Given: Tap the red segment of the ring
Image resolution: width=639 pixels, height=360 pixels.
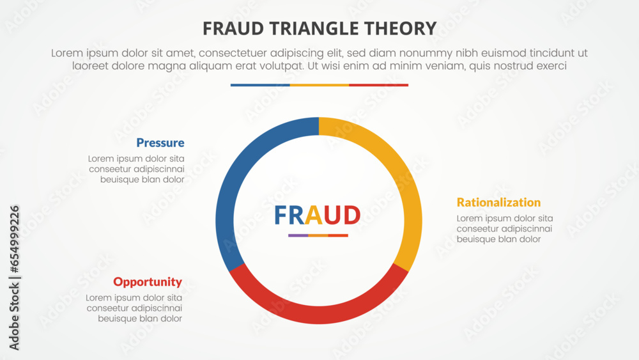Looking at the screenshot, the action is pos(319,315).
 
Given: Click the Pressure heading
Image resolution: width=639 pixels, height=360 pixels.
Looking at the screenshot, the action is pos(160,143).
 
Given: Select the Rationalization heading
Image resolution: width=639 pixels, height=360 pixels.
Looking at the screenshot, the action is pos(498,202).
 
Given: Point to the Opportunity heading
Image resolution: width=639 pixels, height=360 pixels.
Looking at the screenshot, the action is pos(148,282).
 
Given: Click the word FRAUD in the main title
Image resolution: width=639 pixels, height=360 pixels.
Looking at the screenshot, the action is pos(233,29).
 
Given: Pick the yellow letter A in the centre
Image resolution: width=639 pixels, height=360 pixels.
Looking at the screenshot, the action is pos(313,215).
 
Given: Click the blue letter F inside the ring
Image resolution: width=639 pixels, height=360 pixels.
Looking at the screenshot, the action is pos(280,215).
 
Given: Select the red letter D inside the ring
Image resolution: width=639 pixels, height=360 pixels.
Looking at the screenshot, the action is pos(351,215).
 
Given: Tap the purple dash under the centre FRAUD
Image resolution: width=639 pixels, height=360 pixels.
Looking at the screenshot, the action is pos(298,235).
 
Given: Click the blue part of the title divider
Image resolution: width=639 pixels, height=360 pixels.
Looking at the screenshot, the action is pos(260,85).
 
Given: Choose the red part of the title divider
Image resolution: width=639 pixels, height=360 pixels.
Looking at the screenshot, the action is pos(378,85).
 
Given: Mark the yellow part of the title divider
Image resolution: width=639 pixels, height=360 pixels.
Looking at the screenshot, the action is pos(319,85).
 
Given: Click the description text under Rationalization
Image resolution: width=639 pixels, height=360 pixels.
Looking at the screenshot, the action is pos(505,229).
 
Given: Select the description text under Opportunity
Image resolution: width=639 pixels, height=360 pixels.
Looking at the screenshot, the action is pos(134,308).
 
